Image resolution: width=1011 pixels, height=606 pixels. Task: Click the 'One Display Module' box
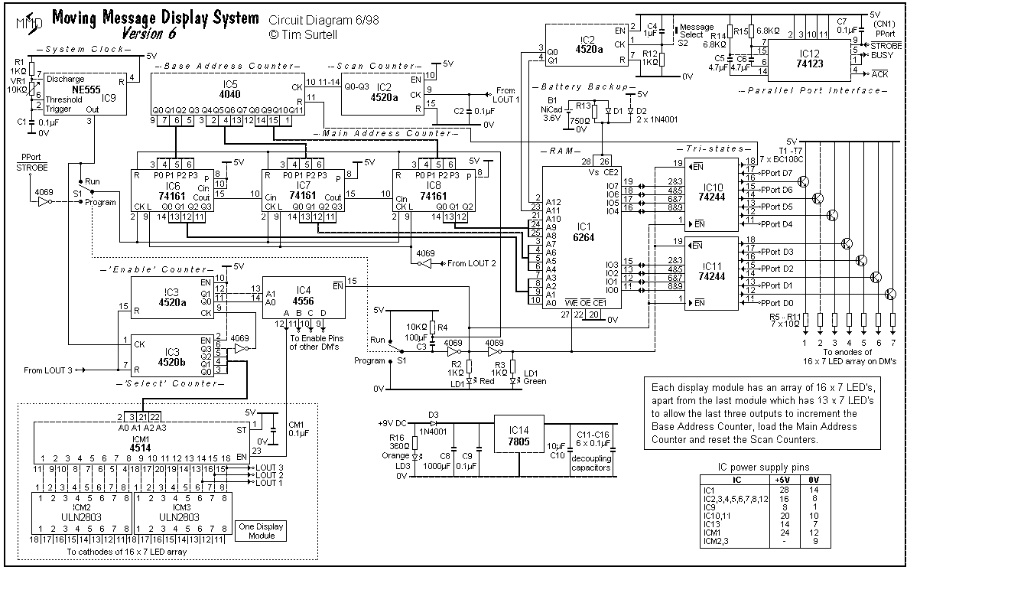tap(261, 531)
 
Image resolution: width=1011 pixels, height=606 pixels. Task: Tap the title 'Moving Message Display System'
tap(156, 18)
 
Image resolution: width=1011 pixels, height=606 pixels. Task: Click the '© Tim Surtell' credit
tap(304, 34)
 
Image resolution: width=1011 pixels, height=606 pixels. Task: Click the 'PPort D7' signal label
tap(776, 173)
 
